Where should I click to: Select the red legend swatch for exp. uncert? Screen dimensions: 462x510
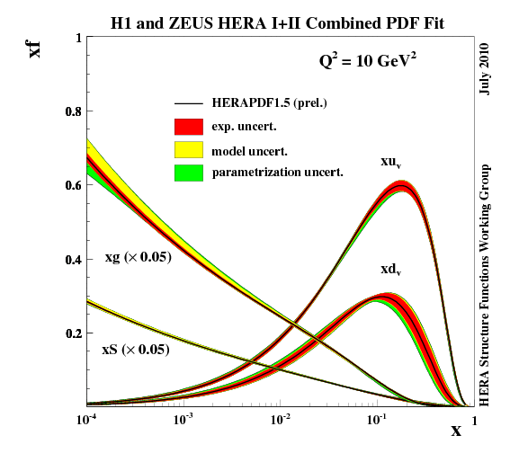click(189, 125)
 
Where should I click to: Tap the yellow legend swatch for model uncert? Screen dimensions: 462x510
click(189, 147)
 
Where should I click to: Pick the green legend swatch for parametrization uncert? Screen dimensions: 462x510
click(189, 170)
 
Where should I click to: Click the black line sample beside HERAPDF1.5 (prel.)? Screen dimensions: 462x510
click(189, 103)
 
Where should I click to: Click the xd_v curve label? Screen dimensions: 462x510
click(390, 269)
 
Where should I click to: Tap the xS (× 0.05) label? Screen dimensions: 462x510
click(135, 350)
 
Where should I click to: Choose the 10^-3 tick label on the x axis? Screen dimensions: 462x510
click(183, 419)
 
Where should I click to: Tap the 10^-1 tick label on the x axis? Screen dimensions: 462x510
click(377, 419)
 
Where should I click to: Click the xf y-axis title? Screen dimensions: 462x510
click(35, 45)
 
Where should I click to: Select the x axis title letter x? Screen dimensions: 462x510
click(456, 431)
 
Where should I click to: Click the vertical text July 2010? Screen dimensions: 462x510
click(486, 68)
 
